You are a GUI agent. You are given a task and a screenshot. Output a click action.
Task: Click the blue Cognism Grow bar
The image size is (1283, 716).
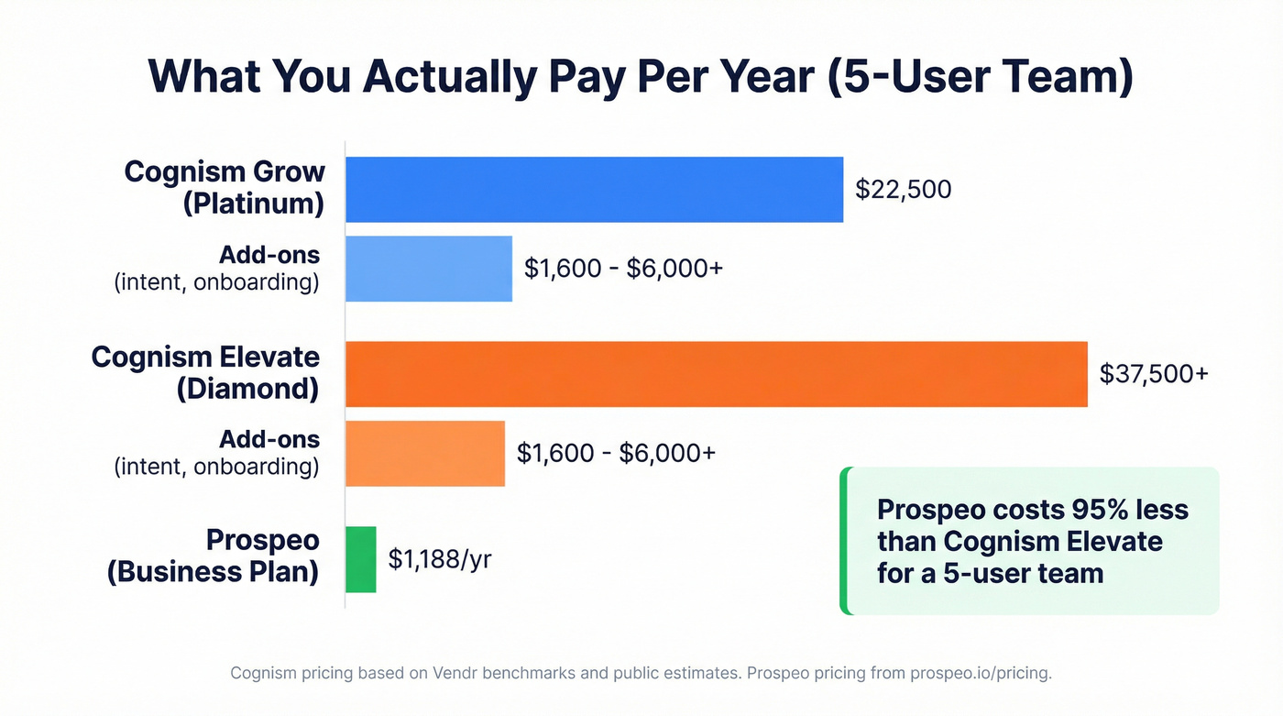[594, 190]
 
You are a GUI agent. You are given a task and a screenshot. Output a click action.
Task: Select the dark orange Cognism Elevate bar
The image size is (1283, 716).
[716, 374]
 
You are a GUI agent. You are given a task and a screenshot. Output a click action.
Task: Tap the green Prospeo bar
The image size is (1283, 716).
[360, 559]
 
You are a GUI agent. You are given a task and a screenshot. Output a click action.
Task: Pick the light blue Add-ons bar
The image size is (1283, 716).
[428, 269]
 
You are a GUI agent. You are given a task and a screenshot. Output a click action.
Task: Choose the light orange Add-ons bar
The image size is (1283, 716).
[424, 453]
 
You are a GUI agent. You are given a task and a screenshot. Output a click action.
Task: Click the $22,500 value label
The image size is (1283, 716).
[903, 190]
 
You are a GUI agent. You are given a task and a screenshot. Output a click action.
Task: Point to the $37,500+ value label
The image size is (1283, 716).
[1153, 374]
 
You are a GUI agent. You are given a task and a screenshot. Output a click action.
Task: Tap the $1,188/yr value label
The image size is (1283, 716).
[440, 559]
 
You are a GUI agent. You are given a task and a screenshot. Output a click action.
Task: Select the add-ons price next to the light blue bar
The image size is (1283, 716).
[623, 268]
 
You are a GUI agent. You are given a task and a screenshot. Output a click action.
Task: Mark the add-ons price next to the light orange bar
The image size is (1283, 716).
[616, 453]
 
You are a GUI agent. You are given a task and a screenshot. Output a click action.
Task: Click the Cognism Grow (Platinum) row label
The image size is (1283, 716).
[225, 187]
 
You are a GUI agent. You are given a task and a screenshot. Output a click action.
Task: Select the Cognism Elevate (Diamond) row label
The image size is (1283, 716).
[205, 372]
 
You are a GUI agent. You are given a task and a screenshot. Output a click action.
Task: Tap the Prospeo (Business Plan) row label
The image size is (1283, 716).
[214, 556]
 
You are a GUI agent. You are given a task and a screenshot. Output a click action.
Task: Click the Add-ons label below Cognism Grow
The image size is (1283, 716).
[269, 255]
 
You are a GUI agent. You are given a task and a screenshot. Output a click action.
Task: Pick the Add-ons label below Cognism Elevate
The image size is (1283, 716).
[269, 439]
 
